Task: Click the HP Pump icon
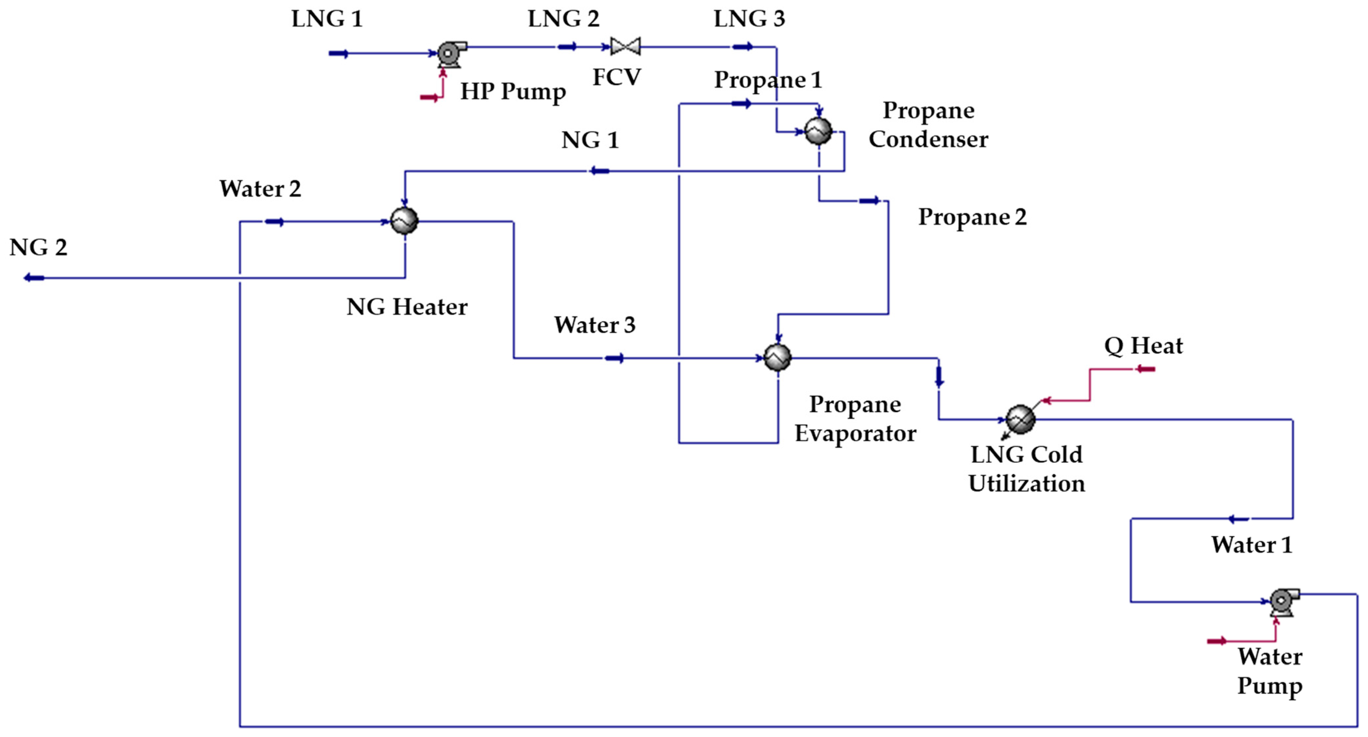(x=450, y=54)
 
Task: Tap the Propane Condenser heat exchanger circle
(x=818, y=131)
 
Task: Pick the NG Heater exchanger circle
(x=404, y=221)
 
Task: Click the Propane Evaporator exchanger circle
(x=777, y=357)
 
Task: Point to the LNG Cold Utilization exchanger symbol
(x=1020, y=419)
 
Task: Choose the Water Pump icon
(x=1283, y=602)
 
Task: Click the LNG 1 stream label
(x=327, y=19)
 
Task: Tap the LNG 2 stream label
(x=563, y=19)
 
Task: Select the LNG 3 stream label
(x=749, y=19)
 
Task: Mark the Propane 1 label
(x=768, y=80)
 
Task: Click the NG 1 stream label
(x=590, y=140)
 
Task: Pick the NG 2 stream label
(x=38, y=248)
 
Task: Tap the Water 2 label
(x=260, y=189)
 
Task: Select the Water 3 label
(x=595, y=325)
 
